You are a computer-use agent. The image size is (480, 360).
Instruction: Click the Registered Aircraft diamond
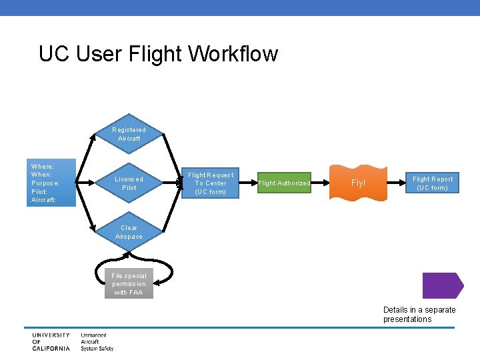(x=129, y=134)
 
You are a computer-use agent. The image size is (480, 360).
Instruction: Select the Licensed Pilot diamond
(x=129, y=183)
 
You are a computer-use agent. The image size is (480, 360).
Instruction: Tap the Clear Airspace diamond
(x=129, y=232)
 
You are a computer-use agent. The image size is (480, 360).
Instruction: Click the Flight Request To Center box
(x=211, y=183)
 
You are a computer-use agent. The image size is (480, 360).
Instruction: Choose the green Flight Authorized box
(x=284, y=183)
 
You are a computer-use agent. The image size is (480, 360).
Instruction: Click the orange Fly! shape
(x=359, y=183)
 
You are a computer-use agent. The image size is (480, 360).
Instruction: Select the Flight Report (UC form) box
(x=433, y=183)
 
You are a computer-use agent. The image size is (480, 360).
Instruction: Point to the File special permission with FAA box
(x=129, y=284)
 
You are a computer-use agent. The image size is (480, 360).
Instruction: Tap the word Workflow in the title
(x=233, y=54)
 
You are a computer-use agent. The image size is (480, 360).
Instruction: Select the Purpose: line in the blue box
(x=45, y=183)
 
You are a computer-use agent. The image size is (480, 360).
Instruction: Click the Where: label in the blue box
(x=43, y=166)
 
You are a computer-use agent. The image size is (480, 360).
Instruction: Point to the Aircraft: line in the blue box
(x=45, y=200)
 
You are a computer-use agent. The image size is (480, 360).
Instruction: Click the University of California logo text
(x=51, y=341)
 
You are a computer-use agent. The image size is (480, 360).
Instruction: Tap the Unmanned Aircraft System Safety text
(x=97, y=341)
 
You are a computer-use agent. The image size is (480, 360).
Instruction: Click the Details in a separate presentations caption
(x=419, y=314)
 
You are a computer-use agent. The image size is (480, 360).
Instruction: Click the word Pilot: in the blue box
(x=40, y=191)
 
